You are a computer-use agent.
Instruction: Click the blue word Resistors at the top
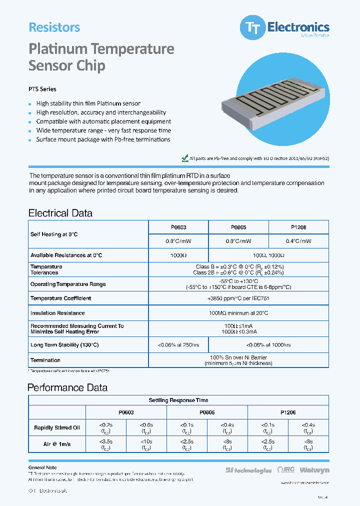pos(54,27)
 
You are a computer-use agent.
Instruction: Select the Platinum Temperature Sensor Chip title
pos(101,57)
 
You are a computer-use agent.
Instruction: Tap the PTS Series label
pos(42,89)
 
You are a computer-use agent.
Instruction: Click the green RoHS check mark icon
pos(184,158)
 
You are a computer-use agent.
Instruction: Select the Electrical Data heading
pos(60,213)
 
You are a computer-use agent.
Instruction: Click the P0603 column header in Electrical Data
pos(178,227)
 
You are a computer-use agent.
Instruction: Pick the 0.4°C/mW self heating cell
pos(298,241)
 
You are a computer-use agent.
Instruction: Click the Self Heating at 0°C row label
pos(54,234)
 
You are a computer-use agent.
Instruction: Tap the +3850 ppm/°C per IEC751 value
pos(238,298)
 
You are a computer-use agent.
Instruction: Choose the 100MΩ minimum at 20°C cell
pos(238,313)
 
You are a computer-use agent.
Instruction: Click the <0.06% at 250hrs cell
pos(178,345)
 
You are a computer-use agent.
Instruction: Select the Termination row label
pos(45,360)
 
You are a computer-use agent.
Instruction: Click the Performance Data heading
pos(67,387)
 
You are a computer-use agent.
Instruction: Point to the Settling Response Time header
pos(178,400)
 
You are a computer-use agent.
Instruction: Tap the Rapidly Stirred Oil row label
pos(57,427)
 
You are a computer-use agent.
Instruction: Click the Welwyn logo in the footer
pos(314,470)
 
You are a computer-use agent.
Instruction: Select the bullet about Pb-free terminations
pos(103,139)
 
